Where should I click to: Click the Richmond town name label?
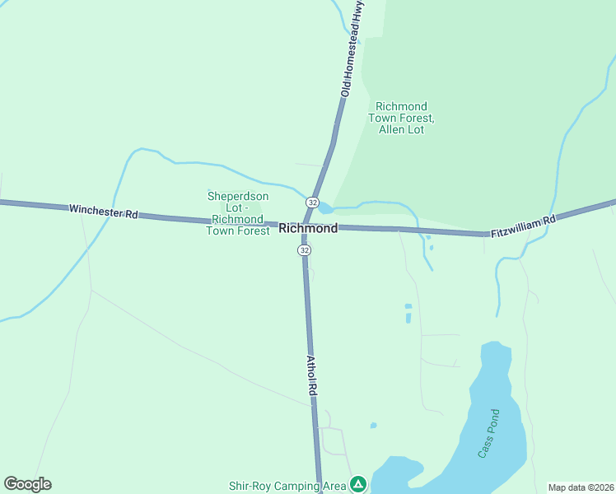click(308, 228)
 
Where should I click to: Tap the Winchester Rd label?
click(103, 212)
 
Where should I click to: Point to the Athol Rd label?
click(311, 377)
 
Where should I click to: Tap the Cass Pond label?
click(489, 433)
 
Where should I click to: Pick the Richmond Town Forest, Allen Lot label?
click(401, 118)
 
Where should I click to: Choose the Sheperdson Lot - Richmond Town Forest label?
click(238, 213)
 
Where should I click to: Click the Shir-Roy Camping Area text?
click(287, 486)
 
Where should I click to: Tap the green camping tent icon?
click(357, 484)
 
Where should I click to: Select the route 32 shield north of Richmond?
click(312, 203)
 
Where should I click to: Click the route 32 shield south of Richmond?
click(305, 250)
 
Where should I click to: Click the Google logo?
click(27, 484)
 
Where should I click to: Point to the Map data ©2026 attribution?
click(581, 487)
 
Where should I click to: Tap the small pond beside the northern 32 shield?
click(324, 207)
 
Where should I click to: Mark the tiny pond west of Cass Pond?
click(373, 426)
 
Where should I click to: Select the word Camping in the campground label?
click(301, 486)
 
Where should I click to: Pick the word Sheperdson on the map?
click(237, 196)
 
